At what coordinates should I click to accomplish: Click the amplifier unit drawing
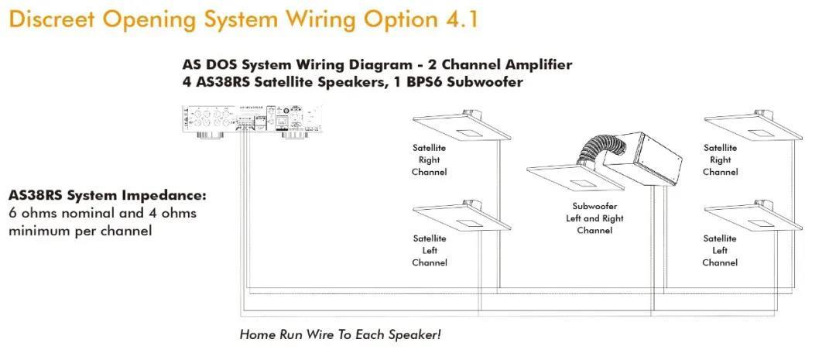[248, 121]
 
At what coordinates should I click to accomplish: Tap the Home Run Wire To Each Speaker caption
[340, 335]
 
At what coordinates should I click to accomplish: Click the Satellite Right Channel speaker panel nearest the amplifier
[461, 127]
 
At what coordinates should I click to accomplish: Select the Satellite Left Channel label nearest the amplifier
[430, 250]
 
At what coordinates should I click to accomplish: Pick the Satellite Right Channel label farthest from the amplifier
[720, 159]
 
